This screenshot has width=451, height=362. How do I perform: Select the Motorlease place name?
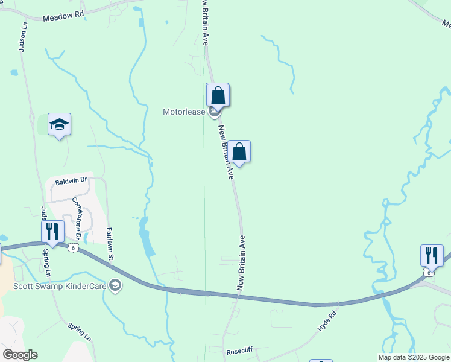coord(184,112)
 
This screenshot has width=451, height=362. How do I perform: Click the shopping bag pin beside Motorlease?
coord(218,97)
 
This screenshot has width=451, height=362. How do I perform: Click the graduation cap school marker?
coord(59,125)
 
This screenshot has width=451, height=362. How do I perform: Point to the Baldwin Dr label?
coord(71,180)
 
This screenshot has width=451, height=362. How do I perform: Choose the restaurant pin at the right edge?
coord(432,255)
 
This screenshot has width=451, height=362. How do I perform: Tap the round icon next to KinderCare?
coord(116,286)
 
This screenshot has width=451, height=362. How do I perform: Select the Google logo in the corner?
coord(19,355)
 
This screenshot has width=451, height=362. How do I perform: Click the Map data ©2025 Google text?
coord(414,357)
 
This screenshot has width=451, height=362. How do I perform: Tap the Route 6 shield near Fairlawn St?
coord(73,248)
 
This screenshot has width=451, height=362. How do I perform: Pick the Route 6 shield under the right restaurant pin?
coord(428,273)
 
